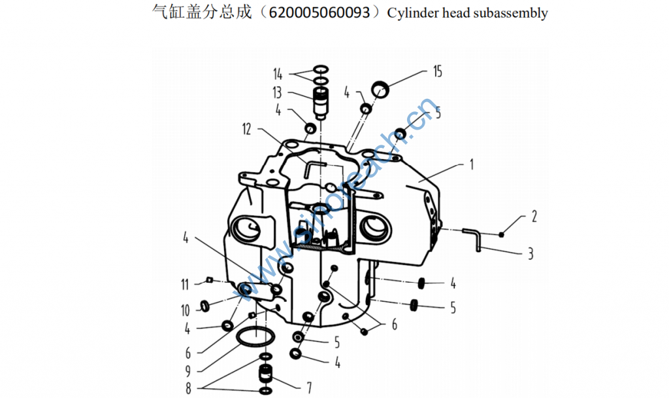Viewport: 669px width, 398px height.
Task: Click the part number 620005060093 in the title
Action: pyautogui.click(x=319, y=13)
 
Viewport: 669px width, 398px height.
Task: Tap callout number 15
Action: pyautogui.click(x=438, y=71)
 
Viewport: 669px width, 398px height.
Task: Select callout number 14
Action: pyautogui.click(x=278, y=75)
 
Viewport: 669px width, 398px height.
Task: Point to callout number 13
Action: pyautogui.click(x=277, y=92)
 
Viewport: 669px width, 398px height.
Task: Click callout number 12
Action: pyautogui.click(x=246, y=129)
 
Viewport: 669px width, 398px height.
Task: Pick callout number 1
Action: pyautogui.click(x=472, y=164)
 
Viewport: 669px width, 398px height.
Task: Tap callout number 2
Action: pyautogui.click(x=534, y=216)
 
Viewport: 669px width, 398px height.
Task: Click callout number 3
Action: pyautogui.click(x=530, y=254)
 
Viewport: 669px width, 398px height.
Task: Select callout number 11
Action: pyautogui.click(x=185, y=284)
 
